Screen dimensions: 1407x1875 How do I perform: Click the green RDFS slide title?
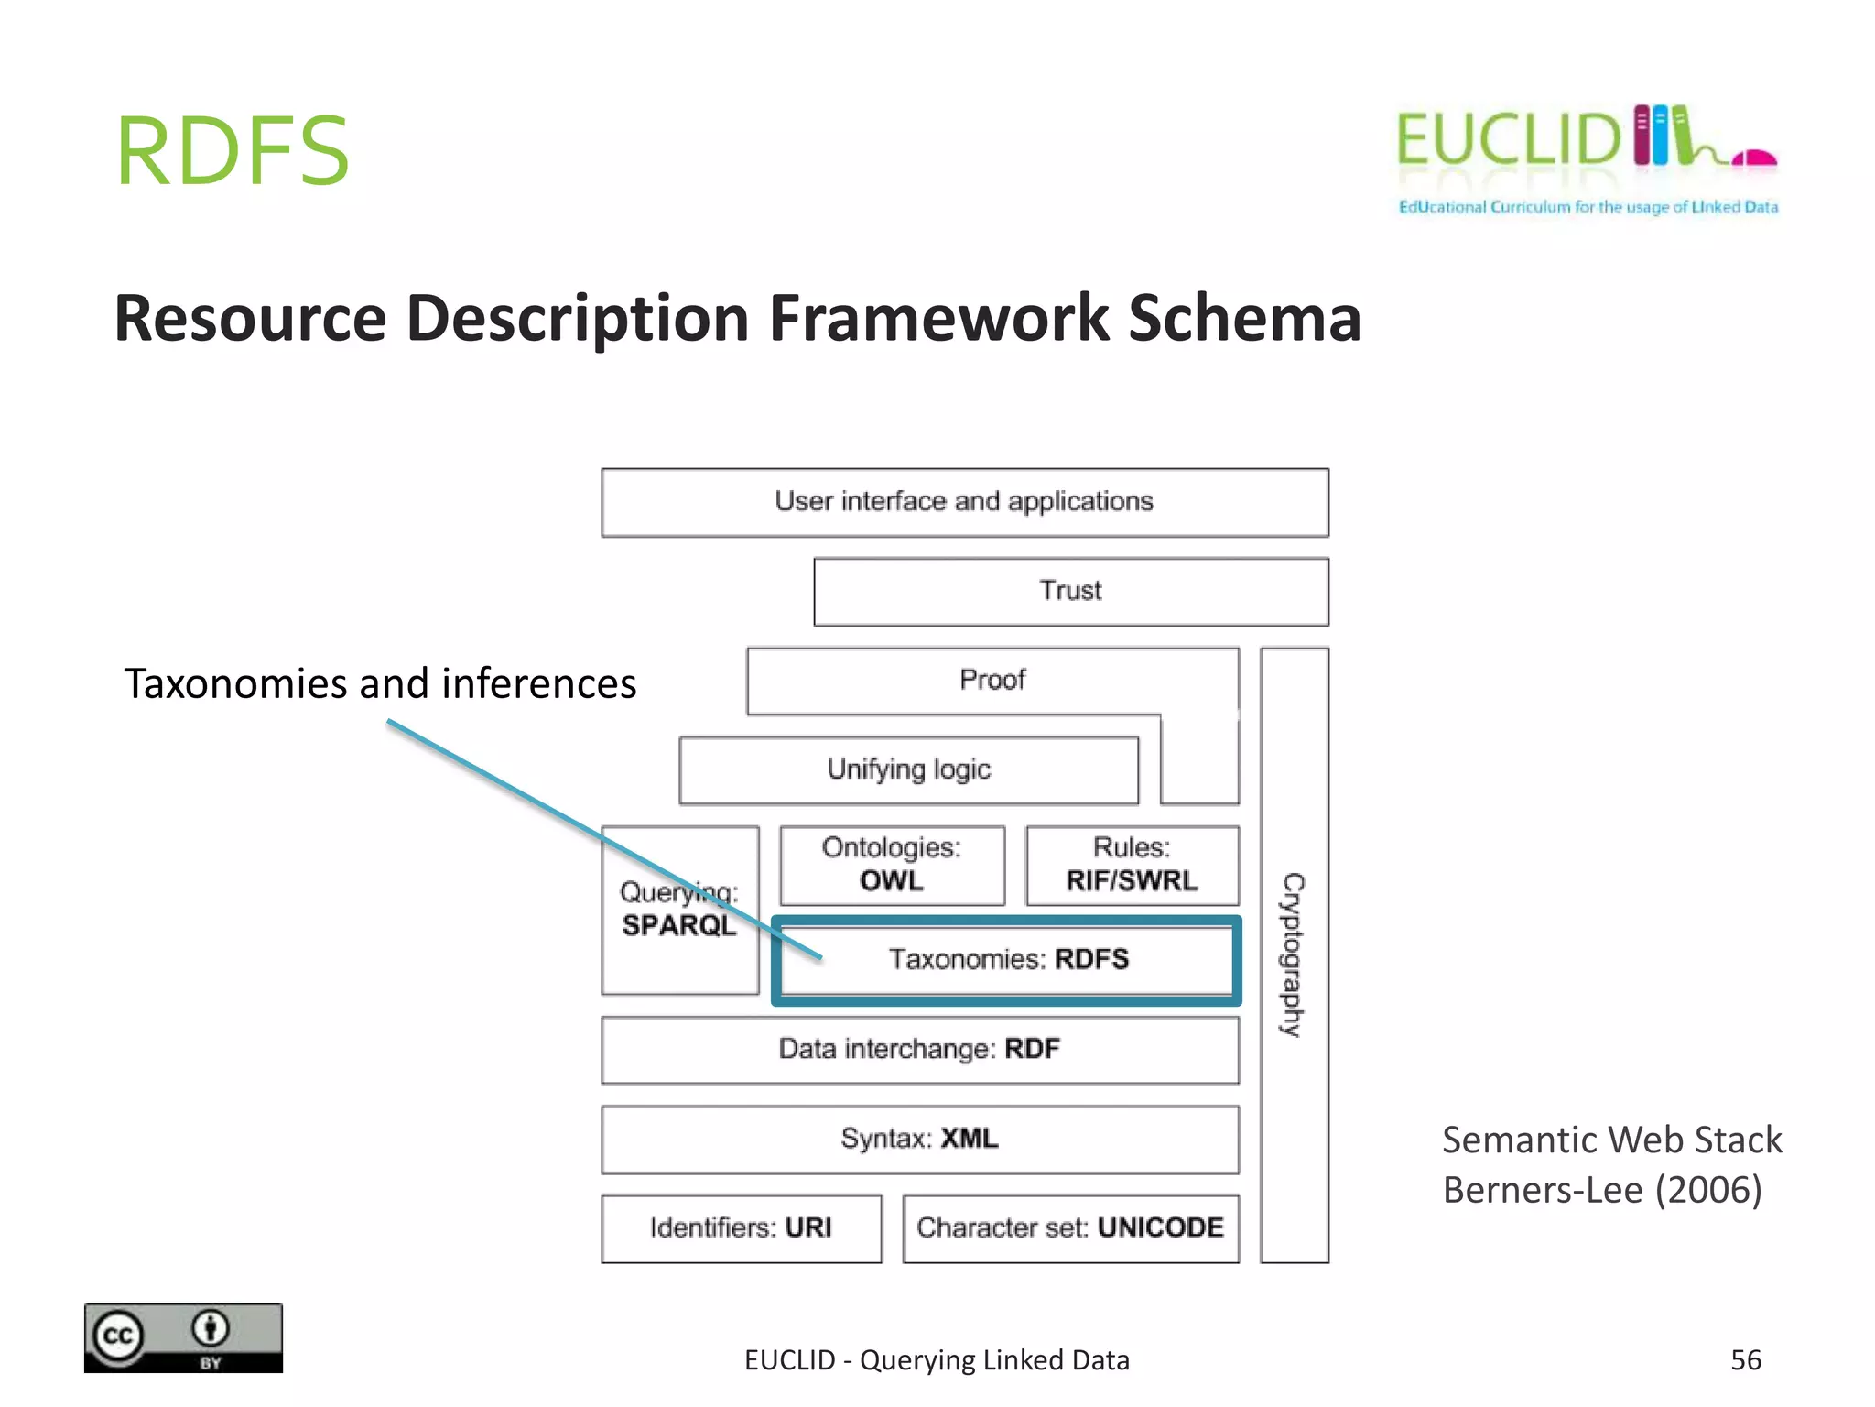(x=233, y=151)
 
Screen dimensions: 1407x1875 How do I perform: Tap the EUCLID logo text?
(x=1509, y=140)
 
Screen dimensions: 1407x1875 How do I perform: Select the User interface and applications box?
(x=964, y=502)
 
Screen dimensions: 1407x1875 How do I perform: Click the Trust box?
(x=1070, y=591)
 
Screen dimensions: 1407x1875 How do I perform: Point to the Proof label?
(x=992, y=680)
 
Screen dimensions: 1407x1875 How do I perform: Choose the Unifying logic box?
(x=908, y=769)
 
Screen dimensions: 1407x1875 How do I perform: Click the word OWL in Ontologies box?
(x=891, y=881)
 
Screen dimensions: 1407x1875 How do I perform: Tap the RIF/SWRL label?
(x=1132, y=881)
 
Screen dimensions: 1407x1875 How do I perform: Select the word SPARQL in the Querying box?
(x=678, y=925)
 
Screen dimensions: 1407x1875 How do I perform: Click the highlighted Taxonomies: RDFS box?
(x=1007, y=960)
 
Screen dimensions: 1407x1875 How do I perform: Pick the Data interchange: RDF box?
(x=919, y=1049)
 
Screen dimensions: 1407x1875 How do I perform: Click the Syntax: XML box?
(x=919, y=1139)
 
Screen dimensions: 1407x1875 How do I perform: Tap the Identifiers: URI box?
(x=741, y=1227)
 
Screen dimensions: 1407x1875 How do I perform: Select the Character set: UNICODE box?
(x=1070, y=1227)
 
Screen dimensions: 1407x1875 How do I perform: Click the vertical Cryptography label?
(x=1293, y=954)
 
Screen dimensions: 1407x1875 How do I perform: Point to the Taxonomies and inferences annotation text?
(x=380, y=684)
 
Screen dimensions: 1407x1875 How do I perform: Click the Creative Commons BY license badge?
(x=183, y=1338)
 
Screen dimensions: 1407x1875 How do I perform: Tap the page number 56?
(x=1745, y=1360)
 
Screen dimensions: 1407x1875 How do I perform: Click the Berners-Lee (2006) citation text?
(x=1601, y=1190)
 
